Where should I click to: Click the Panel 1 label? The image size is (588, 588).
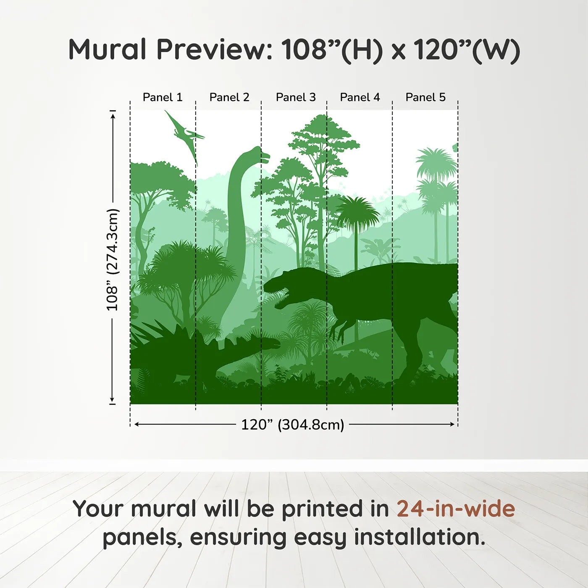(163, 97)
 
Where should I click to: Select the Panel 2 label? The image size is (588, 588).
(229, 97)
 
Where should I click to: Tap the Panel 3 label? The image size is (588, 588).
(296, 97)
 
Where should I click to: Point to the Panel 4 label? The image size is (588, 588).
(360, 97)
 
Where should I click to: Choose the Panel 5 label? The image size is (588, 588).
(425, 97)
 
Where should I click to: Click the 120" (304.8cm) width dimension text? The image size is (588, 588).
(293, 425)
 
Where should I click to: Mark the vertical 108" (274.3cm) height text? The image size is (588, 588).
(112, 260)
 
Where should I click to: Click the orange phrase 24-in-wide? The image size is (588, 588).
(456, 509)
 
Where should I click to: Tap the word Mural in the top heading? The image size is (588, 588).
(108, 50)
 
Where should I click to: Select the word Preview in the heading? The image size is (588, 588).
(212, 50)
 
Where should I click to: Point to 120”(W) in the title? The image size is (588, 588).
(467, 50)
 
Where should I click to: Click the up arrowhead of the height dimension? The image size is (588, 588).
(113, 116)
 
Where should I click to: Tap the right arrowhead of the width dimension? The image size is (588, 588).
(452, 424)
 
